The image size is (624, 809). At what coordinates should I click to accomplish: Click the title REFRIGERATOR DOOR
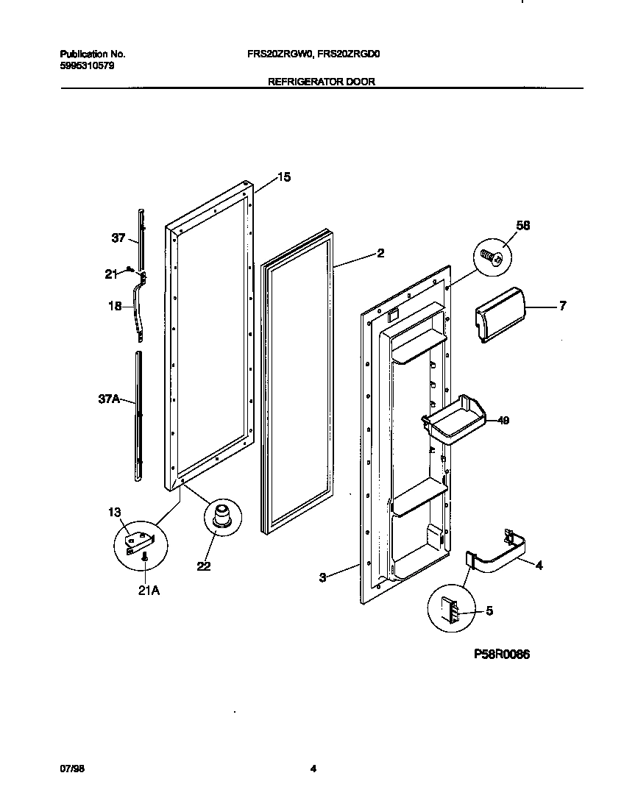[322, 82]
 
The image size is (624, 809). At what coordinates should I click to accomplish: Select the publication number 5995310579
[86, 65]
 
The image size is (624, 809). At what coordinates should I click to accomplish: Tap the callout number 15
[284, 177]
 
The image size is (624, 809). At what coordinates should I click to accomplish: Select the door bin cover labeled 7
[498, 314]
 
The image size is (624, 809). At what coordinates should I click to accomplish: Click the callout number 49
[503, 421]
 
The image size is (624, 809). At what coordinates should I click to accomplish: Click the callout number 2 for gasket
[380, 253]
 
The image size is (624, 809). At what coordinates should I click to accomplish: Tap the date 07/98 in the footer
[70, 769]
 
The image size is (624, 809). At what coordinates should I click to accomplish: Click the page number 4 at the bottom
[313, 769]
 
